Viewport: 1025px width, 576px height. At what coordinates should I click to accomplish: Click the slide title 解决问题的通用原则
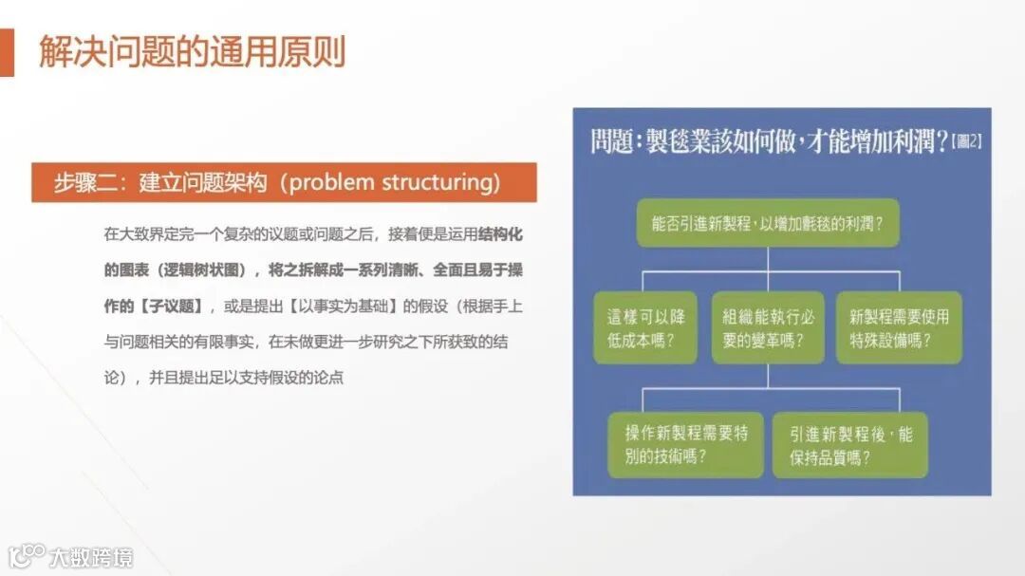pyautogui.click(x=192, y=52)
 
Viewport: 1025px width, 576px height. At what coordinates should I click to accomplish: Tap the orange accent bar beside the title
pyautogui.click(x=7, y=52)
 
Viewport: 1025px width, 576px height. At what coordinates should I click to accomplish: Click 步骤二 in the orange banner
pyautogui.click(x=78, y=182)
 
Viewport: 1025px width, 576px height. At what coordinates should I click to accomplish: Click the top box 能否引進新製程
pyautogui.click(x=767, y=223)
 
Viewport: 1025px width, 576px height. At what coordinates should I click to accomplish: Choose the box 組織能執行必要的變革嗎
pyautogui.click(x=768, y=327)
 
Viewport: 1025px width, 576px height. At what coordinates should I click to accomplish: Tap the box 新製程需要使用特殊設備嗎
pyautogui.click(x=898, y=327)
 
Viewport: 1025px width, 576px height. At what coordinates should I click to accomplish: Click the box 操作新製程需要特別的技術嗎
pyautogui.click(x=686, y=444)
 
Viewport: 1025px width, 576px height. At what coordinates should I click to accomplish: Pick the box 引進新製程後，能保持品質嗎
pyautogui.click(x=849, y=444)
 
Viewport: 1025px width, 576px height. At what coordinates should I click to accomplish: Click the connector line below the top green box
pyautogui.click(x=767, y=259)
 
